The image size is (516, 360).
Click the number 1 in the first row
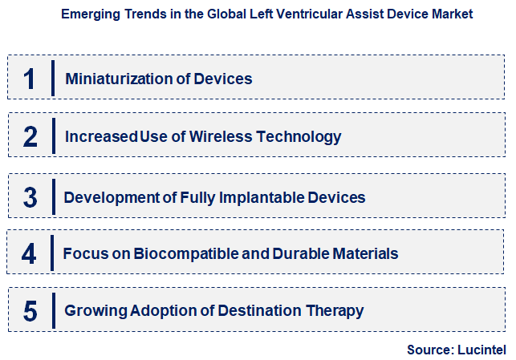30,79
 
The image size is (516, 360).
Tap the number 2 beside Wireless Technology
30,136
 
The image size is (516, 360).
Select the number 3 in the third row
30,197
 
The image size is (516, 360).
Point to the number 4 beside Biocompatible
30,253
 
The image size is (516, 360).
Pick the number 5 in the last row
30,310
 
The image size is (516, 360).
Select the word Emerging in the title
87,14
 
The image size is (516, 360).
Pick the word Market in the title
451,14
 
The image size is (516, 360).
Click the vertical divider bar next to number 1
53,78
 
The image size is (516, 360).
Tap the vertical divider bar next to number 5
53,310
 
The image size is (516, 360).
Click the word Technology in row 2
298,136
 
